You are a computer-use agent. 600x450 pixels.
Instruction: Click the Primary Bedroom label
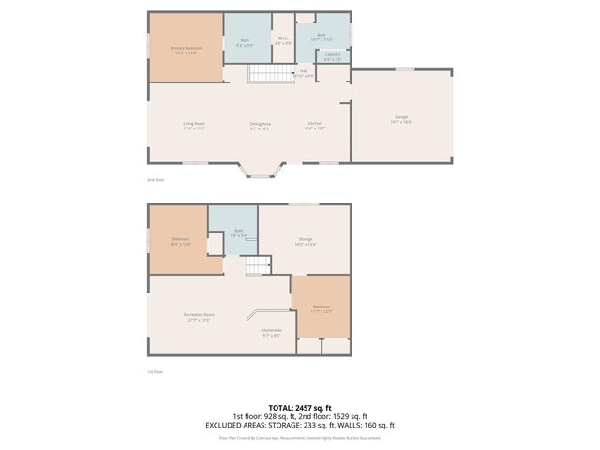(x=186, y=49)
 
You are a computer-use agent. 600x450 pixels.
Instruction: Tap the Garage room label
(x=401, y=119)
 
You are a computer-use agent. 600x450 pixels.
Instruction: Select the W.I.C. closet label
(x=283, y=40)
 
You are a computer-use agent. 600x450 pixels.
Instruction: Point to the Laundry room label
(x=332, y=56)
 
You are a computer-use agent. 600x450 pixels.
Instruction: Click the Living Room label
(x=193, y=126)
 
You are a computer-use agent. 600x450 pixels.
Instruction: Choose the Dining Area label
(x=260, y=126)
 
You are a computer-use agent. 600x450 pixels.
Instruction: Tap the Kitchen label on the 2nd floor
(x=316, y=126)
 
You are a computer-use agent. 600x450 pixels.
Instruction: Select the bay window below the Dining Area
(x=259, y=170)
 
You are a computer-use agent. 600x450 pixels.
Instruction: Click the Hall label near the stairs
(x=303, y=73)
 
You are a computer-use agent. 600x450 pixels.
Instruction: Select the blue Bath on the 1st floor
(x=238, y=232)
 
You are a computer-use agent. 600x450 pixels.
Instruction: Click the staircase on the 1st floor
(x=257, y=267)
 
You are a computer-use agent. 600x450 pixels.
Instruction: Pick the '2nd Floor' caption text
(x=155, y=178)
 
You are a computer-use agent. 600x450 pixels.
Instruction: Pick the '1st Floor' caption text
(x=155, y=371)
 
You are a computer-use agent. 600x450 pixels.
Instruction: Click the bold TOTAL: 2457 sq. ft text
(x=300, y=408)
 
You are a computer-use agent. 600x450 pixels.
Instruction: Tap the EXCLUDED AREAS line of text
(x=300, y=425)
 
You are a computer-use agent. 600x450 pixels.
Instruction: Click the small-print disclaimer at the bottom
(x=300, y=437)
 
